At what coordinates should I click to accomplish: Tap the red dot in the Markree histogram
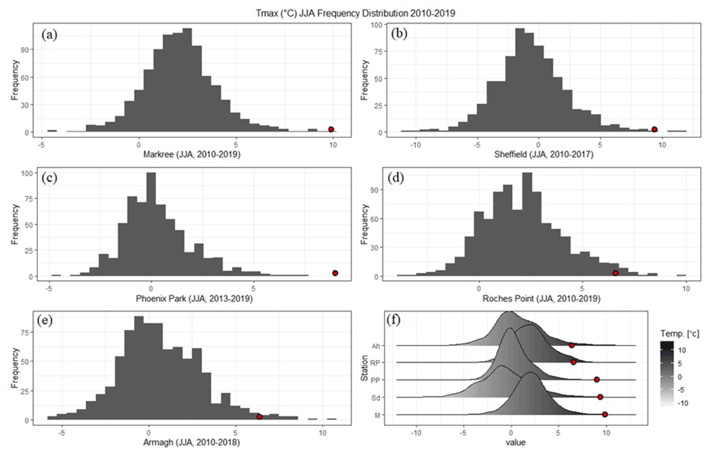[331, 130]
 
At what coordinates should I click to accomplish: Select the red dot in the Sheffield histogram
[655, 129]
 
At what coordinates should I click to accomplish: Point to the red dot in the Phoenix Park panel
[335, 273]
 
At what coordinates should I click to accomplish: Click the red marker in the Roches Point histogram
[615, 273]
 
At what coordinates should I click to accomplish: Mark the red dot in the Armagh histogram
[259, 417]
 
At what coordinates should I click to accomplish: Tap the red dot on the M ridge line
[605, 414]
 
